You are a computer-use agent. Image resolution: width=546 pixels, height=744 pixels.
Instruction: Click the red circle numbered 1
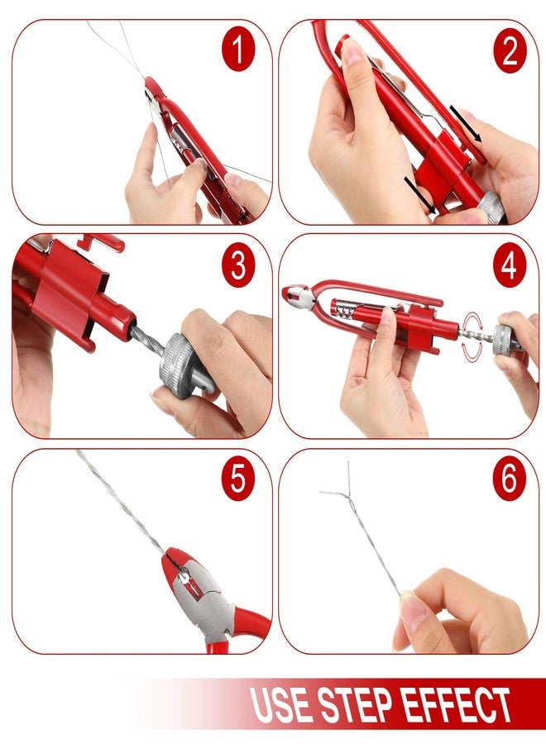[x=238, y=50]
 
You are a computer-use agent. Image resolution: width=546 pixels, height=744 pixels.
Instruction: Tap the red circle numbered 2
[x=509, y=50]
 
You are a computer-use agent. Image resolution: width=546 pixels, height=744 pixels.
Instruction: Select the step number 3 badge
[x=238, y=265]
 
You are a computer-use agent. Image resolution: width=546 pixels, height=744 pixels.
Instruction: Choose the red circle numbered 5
[x=238, y=479]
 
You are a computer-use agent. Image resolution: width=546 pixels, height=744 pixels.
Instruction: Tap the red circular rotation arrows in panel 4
[x=472, y=336]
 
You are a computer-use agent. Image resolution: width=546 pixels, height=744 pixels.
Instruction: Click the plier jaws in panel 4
[x=295, y=295]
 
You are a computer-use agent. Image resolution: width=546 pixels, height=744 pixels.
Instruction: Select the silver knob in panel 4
[x=505, y=338]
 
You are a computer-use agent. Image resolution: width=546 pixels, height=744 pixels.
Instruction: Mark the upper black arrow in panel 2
[x=466, y=124]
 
